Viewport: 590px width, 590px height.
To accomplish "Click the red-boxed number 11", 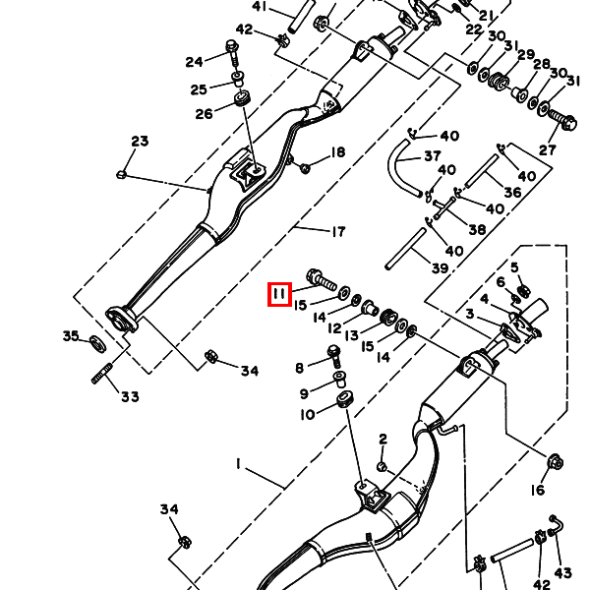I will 279,293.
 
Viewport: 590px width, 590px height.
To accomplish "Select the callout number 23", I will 139,142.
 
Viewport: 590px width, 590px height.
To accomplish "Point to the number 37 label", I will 432,156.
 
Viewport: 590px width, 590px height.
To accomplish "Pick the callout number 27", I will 547,150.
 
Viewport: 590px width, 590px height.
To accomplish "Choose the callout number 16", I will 539,491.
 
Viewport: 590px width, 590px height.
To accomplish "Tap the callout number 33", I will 130,397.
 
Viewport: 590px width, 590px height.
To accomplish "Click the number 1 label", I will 237,462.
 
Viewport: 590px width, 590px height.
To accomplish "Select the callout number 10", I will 307,414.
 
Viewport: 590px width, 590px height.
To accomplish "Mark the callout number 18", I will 338,152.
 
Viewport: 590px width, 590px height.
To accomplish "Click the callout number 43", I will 563,572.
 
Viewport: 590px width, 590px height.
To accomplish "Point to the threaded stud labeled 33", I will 102,375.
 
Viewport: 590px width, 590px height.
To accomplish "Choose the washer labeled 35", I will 97,343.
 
